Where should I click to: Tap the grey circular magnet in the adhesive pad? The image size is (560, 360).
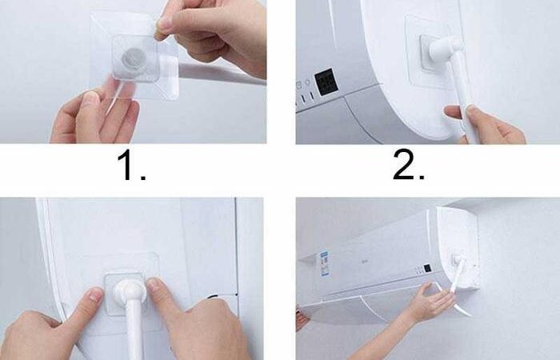[131, 58]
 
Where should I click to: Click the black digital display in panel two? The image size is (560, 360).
[326, 82]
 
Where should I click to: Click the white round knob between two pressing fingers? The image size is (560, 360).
[130, 291]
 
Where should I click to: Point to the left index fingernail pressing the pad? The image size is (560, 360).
[95, 295]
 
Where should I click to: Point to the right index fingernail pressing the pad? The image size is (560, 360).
[154, 285]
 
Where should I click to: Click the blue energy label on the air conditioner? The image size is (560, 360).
[324, 263]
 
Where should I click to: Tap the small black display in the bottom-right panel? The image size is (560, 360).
[427, 269]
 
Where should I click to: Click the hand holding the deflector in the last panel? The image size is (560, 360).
[431, 299]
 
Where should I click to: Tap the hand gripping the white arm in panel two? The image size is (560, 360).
[482, 124]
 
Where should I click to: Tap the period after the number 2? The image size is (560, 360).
[422, 177]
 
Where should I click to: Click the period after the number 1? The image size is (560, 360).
[143, 177]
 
